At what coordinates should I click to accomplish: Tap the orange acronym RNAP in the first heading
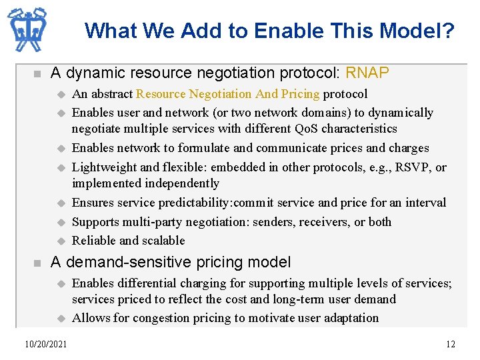[367, 73]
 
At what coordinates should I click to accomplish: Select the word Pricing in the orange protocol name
[299, 94]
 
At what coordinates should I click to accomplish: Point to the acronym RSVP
[412, 167]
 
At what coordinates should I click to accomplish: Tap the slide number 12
[451, 344]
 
